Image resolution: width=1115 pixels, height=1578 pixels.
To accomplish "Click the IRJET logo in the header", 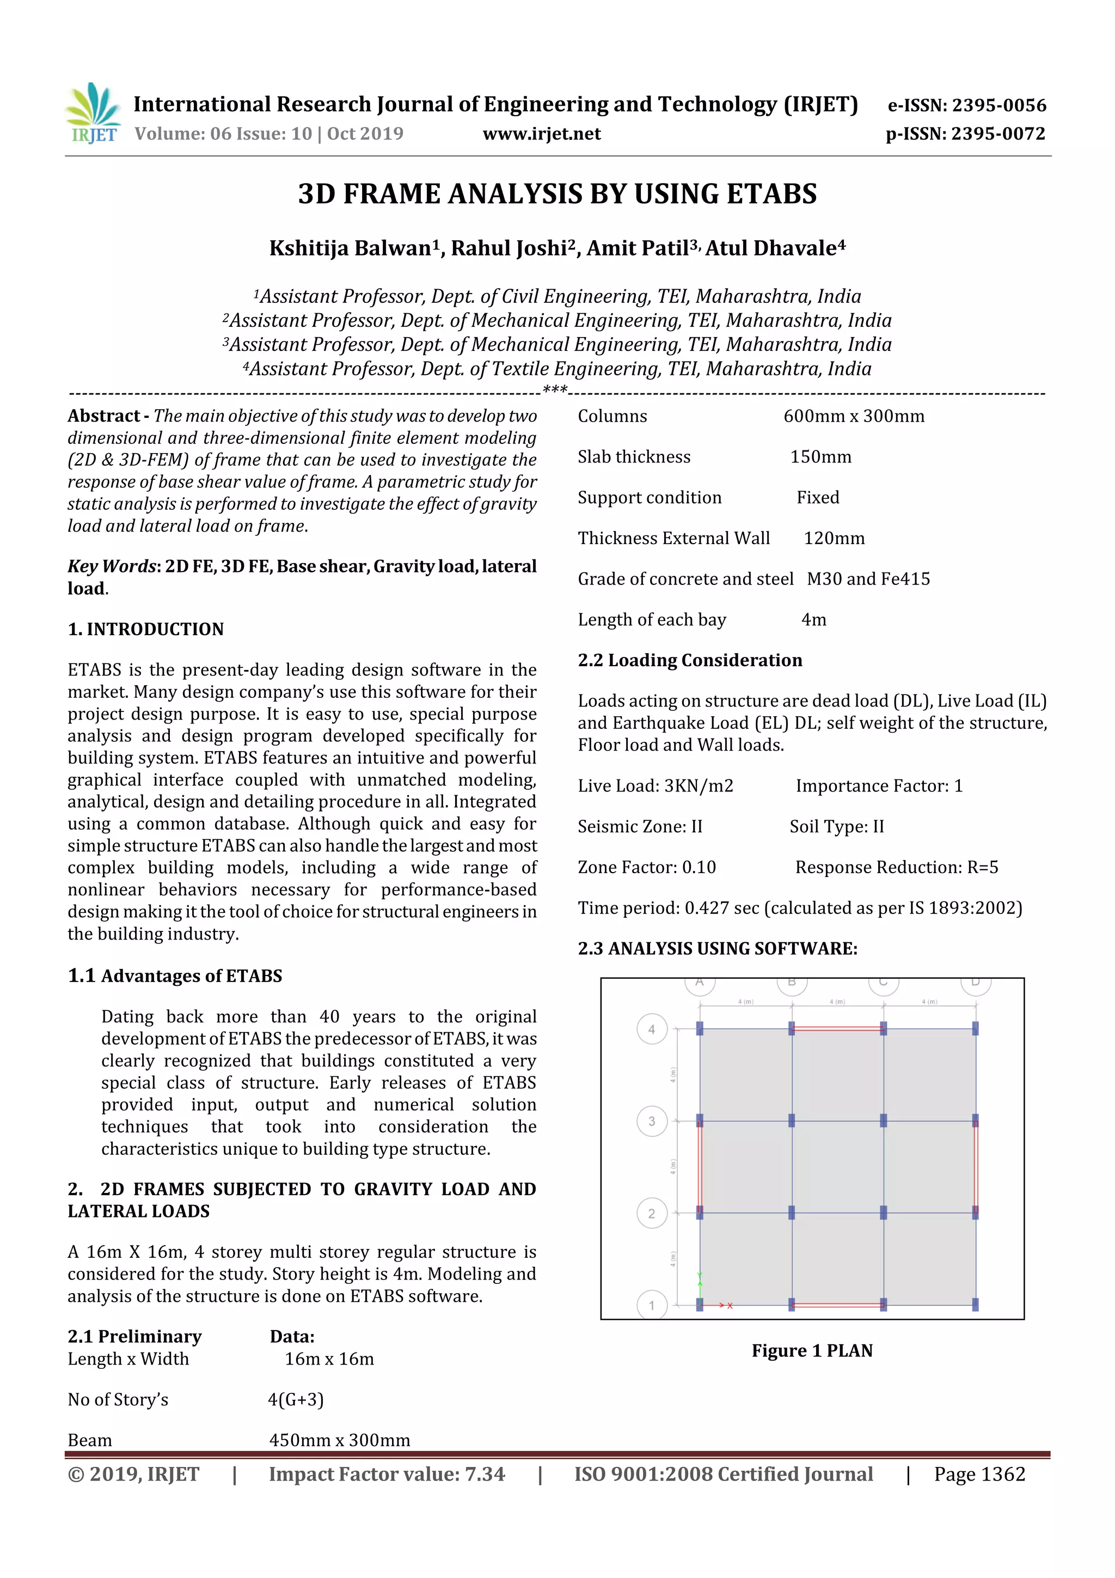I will point(92,113).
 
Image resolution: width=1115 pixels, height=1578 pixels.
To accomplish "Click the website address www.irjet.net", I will point(541,134).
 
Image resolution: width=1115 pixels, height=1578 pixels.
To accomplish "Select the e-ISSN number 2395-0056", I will point(966,105).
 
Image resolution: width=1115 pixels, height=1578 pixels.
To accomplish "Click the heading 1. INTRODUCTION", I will point(146,629).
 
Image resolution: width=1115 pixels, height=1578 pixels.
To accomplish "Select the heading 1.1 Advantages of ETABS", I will point(175,976).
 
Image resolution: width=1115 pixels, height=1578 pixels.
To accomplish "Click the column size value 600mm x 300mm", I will point(854,417).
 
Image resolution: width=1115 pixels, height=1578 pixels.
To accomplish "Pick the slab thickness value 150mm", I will point(820,457).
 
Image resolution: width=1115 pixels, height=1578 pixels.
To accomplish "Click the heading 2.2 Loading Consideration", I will point(690,661).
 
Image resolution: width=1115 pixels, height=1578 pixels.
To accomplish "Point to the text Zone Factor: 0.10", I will point(646,867).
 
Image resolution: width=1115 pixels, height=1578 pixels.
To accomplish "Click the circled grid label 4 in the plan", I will point(651,1029).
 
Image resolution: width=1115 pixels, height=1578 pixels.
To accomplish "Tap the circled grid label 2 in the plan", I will point(651,1214).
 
